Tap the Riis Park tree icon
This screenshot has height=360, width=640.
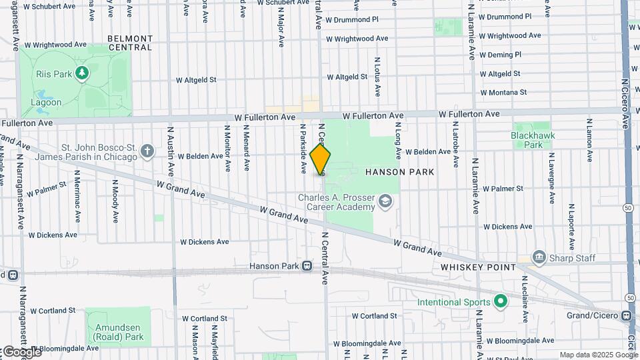(x=81, y=72)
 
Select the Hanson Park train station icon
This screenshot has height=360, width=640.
(x=307, y=266)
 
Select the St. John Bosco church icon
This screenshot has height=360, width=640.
(x=147, y=151)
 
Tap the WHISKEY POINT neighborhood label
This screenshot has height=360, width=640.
(x=478, y=267)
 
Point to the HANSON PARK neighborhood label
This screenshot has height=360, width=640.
(x=399, y=172)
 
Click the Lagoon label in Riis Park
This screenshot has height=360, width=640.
(x=46, y=103)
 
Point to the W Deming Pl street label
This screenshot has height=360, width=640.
(x=499, y=55)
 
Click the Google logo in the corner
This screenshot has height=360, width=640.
(x=21, y=351)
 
